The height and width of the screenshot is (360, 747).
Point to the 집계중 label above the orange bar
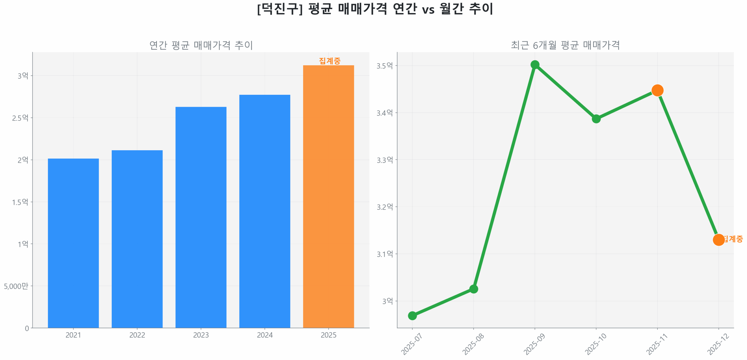[329, 61]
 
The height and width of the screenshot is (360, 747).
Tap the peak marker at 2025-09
[535, 64]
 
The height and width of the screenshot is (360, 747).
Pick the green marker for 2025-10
[596, 118]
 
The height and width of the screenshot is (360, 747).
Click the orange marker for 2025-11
[657, 90]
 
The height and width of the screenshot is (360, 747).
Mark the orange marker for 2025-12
[718, 240]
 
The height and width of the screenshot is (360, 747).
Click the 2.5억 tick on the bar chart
[20, 118]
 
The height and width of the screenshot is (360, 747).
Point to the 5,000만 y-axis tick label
[16, 286]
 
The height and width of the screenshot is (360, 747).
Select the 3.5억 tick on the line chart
[384, 66]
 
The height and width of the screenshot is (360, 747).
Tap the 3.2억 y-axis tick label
[384, 207]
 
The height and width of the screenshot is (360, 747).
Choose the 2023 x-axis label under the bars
[201, 335]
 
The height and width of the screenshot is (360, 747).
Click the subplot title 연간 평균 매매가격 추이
[201, 45]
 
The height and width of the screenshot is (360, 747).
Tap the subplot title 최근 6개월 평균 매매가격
[565, 45]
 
